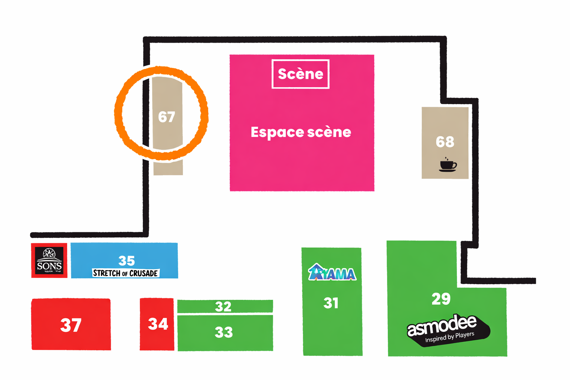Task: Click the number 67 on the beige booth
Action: [x=166, y=117]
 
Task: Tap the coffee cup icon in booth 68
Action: [x=448, y=165]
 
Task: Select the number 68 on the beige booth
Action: [x=445, y=142]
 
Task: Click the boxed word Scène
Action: [x=301, y=74]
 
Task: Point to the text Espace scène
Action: [x=301, y=132]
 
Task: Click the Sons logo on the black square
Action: [x=49, y=261]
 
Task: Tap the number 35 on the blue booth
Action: [x=127, y=261]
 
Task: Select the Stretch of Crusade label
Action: [x=126, y=273]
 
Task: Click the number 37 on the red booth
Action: [x=71, y=325]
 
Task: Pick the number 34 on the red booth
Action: [x=158, y=324]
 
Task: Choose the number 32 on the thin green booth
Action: [x=223, y=307]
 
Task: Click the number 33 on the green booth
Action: [x=224, y=332]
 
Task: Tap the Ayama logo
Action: [x=332, y=273]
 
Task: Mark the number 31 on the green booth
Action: [x=331, y=303]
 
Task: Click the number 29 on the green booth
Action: [x=441, y=299]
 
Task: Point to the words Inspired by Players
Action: [x=450, y=337]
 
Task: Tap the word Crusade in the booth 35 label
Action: [x=144, y=273]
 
